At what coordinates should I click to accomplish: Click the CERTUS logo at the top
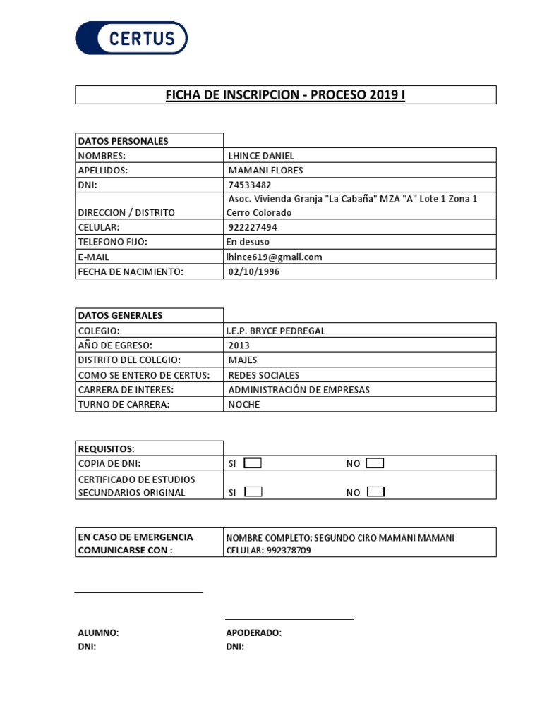point(131,38)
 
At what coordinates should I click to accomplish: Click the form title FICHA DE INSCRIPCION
point(285,95)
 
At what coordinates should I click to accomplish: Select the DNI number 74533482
point(250,185)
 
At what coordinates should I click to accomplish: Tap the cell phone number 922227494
point(253,227)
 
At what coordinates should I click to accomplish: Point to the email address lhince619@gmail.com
point(274,257)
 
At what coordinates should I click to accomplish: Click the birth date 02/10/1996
point(253,271)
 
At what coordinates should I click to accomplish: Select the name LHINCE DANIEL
point(261,155)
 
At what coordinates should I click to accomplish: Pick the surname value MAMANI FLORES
point(266,170)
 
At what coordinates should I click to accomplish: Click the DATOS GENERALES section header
point(120,315)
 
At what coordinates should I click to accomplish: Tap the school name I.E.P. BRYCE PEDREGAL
point(276,331)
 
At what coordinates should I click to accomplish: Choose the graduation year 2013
point(239,345)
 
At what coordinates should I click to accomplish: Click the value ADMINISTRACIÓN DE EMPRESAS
point(299,390)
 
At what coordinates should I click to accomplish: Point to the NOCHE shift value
point(244,405)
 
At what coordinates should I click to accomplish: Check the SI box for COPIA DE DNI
point(252,463)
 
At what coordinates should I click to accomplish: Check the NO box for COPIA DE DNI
point(375,463)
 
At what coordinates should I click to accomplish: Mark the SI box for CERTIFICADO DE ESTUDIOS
point(252,491)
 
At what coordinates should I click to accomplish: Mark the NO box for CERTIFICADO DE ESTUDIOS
point(375,491)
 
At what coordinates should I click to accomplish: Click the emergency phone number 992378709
point(288,551)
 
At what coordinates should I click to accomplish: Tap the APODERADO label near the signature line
point(253,632)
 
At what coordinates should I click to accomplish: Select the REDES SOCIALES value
point(264,375)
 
